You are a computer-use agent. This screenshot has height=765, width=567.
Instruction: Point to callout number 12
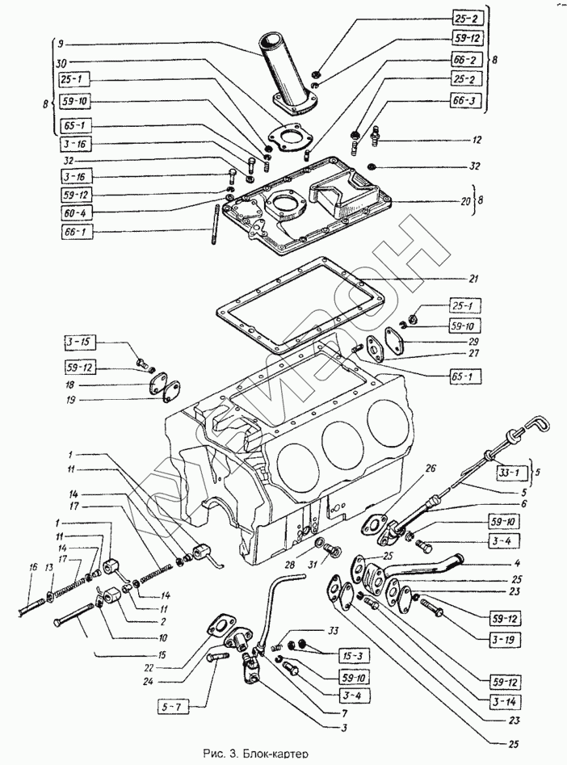point(477,139)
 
